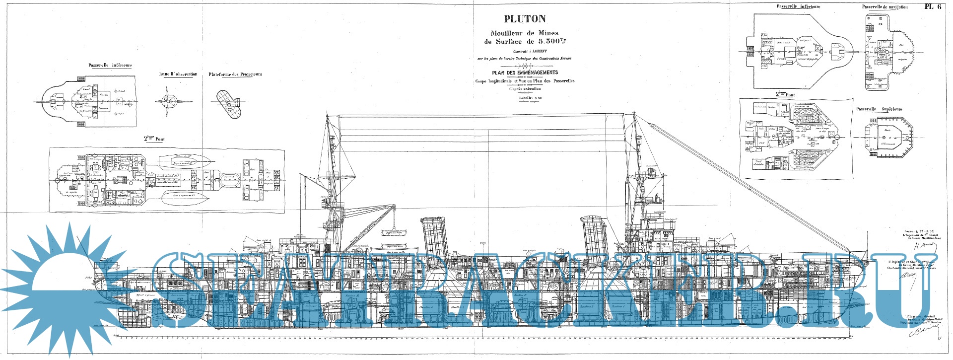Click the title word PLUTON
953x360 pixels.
pyautogui.click(x=525, y=19)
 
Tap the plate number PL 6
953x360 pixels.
pyautogui.click(x=933, y=6)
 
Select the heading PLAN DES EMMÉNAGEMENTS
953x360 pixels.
pyautogui.click(x=525, y=72)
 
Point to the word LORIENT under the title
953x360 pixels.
pyautogui.click(x=535, y=51)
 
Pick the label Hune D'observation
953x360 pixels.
pyautogui.click(x=178, y=74)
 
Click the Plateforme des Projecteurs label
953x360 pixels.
pyautogui.click(x=235, y=74)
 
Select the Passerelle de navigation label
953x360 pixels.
pyautogui.click(x=885, y=7)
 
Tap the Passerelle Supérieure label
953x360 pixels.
pyautogui.click(x=879, y=109)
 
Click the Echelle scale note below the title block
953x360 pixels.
pyautogui.click(x=525, y=98)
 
